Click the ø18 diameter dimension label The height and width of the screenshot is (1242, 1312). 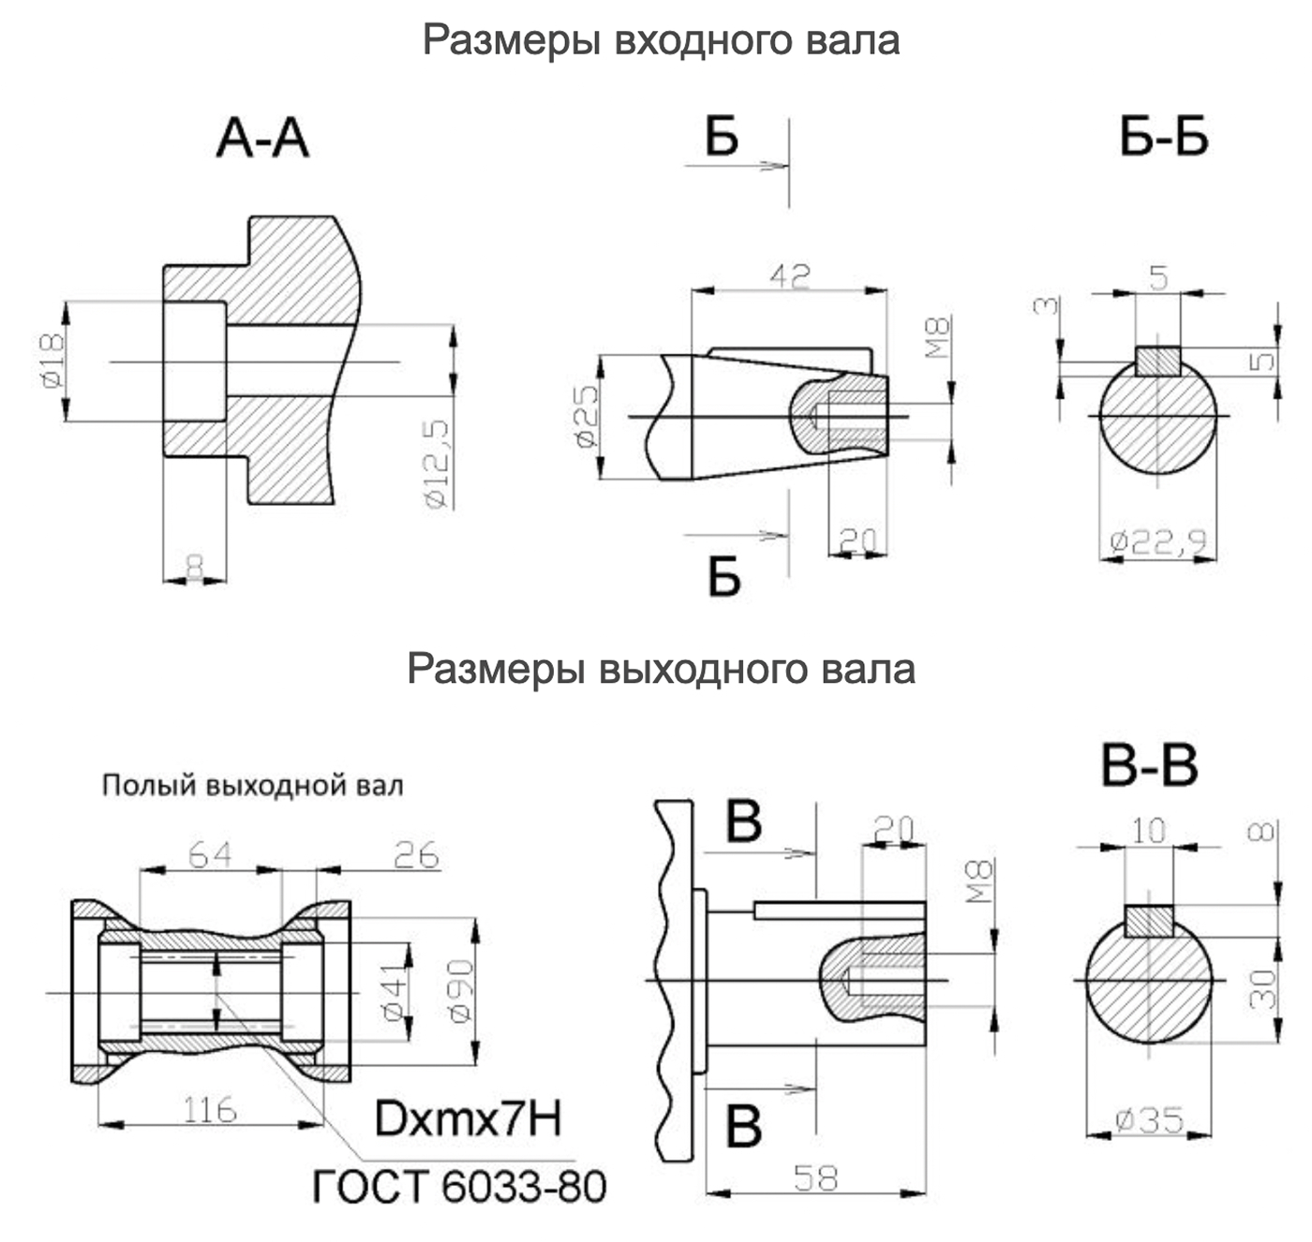52,361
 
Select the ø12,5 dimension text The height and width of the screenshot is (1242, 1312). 438,464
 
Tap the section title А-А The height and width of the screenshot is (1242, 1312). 263,139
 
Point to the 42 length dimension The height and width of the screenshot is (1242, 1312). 790,275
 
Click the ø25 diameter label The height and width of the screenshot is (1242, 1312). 587,417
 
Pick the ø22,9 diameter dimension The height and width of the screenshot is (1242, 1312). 1158,540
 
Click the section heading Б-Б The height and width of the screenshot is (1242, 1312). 1164,138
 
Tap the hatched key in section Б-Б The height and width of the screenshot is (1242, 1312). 1158,361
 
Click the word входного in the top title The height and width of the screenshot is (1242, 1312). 704,40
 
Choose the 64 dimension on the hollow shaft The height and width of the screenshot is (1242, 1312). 210,854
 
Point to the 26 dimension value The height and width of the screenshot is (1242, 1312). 416,854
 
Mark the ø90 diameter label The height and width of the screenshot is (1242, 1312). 460,991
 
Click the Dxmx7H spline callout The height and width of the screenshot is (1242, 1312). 468,1118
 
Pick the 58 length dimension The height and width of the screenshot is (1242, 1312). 815,1178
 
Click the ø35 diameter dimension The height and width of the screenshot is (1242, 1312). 1149,1120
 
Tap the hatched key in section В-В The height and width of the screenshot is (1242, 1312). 1149,921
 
